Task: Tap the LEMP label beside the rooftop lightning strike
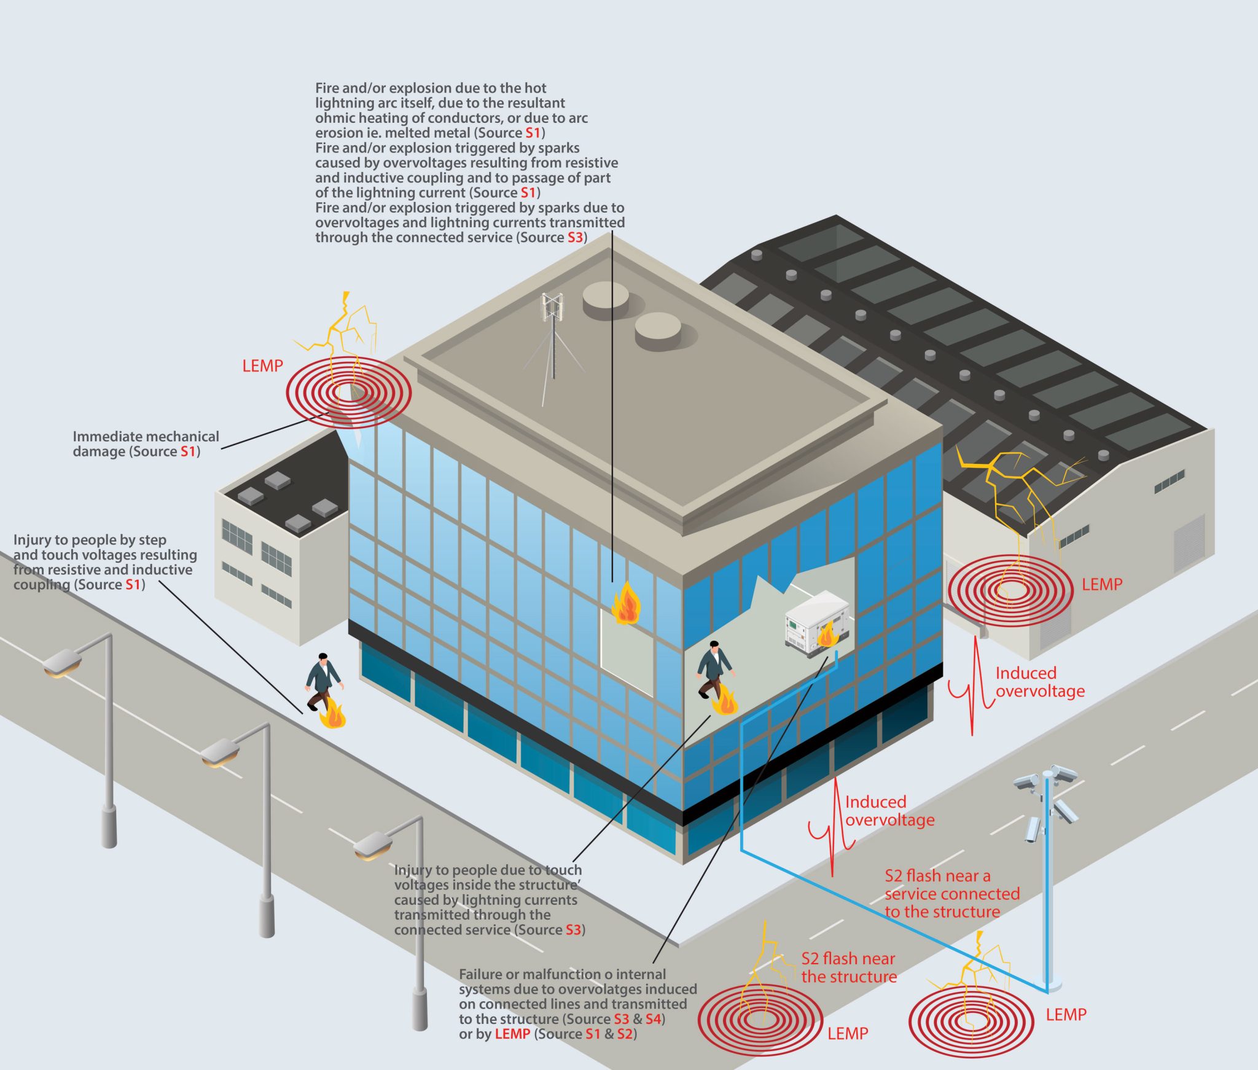pos(262,366)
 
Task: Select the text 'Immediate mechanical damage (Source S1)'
pos(146,444)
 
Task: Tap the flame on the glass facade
pos(625,604)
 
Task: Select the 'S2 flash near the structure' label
pos(848,967)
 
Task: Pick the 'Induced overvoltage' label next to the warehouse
pos(1039,682)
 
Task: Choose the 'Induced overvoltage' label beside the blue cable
pos(889,811)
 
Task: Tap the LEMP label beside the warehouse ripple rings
pos(1102,584)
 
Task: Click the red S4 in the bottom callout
pos(653,1019)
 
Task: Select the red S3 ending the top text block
pos(574,238)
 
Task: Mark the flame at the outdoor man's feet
pos(334,714)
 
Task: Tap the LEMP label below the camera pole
pos(1066,1015)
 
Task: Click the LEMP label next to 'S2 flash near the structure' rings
pos(848,1034)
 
